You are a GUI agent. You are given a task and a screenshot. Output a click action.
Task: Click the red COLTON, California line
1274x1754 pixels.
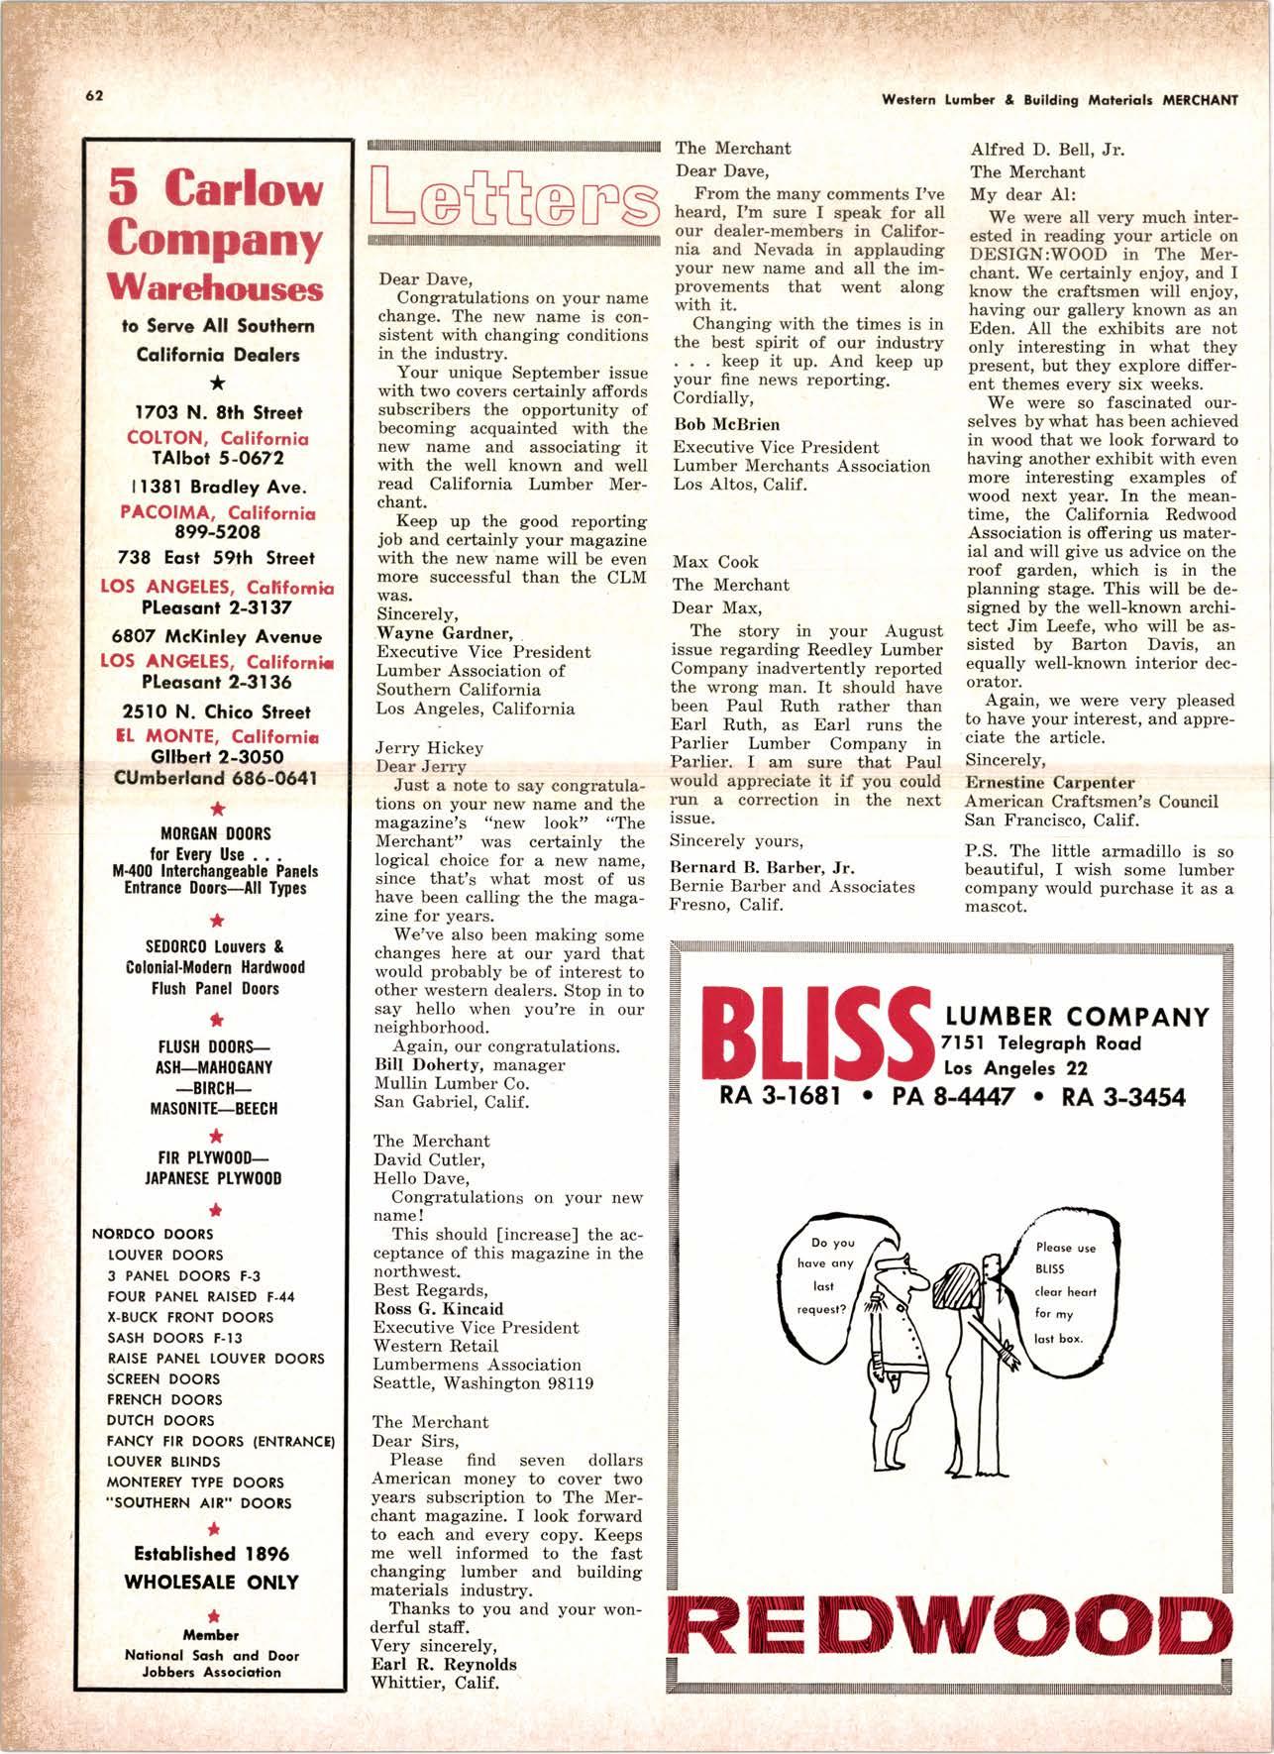tap(218, 438)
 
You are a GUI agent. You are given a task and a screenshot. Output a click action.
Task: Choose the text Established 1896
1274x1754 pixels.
tap(212, 1554)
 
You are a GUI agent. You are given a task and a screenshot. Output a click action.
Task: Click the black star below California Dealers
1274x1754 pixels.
tap(218, 383)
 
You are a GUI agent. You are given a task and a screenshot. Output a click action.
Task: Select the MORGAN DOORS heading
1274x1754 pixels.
tap(215, 834)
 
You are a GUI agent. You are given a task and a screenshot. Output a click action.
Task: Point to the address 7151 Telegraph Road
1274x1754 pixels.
tap(1042, 1042)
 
